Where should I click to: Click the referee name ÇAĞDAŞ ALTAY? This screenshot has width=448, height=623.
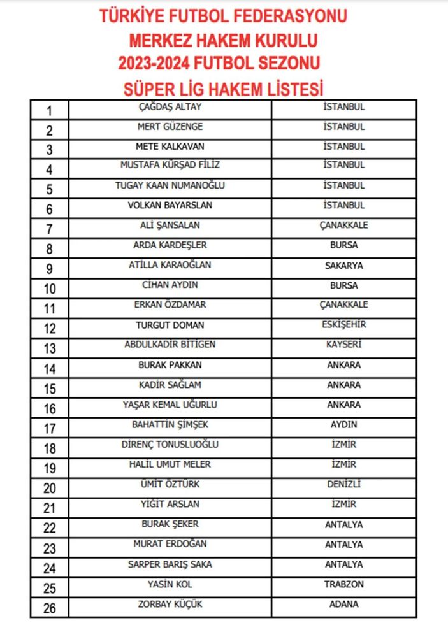(x=170, y=106)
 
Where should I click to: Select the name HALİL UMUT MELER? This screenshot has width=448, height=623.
(x=170, y=464)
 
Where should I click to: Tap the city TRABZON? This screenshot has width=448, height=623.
(x=343, y=584)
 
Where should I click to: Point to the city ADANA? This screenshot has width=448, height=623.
(x=343, y=604)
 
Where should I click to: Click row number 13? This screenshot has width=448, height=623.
(x=50, y=348)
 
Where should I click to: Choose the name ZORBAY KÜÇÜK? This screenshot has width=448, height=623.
(x=170, y=604)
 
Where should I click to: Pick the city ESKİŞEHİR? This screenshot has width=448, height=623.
(x=343, y=324)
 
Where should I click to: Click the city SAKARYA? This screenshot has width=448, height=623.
(x=343, y=265)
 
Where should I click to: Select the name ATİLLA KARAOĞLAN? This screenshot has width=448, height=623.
(x=170, y=265)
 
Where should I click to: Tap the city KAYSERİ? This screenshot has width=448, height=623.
(x=343, y=345)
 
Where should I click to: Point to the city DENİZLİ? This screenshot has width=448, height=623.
(x=343, y=484)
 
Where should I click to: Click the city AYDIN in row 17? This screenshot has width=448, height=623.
(x=343, y=424)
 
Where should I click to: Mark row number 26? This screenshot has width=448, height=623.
(x=50, y=608)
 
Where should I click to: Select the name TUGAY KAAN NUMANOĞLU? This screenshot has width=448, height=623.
(x=170, y=185)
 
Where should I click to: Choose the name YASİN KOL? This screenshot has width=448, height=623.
(x=170, y=584)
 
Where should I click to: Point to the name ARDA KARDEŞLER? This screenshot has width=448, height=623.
(x=170, y=245)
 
